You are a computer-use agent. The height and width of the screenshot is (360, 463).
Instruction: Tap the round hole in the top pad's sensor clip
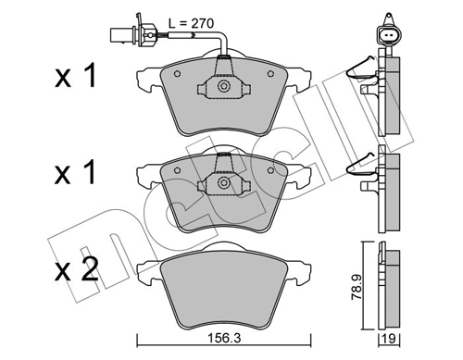(x=223, y=86)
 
